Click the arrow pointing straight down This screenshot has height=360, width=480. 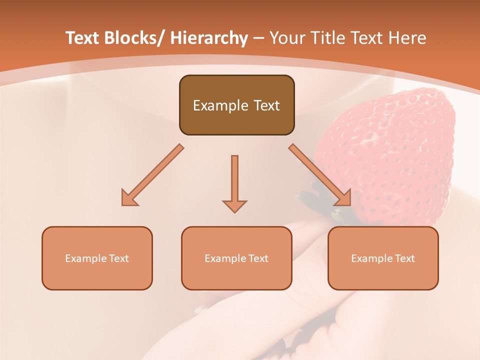[x=234, y=180]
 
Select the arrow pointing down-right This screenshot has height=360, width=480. [x=320, y=175]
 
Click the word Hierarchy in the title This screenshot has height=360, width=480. [x=209, y=38]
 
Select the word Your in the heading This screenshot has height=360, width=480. [x=286, y=38]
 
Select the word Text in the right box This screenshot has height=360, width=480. [x=404, y=258]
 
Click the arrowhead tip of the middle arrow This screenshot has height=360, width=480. [x=234, y=212]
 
